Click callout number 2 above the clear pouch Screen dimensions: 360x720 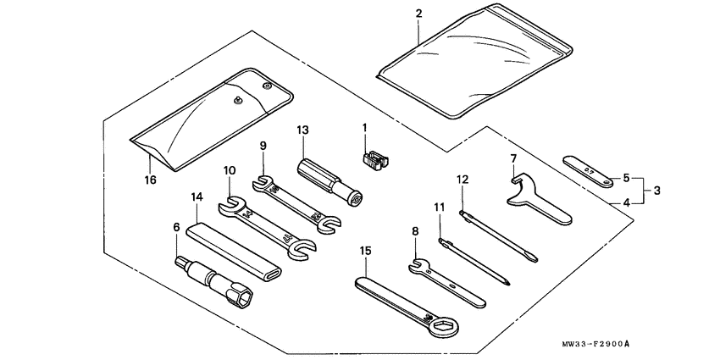pos(418,13)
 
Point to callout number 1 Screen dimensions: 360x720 pos(365,128)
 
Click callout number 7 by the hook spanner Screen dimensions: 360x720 pos(514,158)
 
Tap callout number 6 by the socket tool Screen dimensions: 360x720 pos(176,226)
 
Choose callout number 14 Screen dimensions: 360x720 pos(197,197)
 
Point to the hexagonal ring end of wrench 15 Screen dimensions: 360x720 pos(443,326)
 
